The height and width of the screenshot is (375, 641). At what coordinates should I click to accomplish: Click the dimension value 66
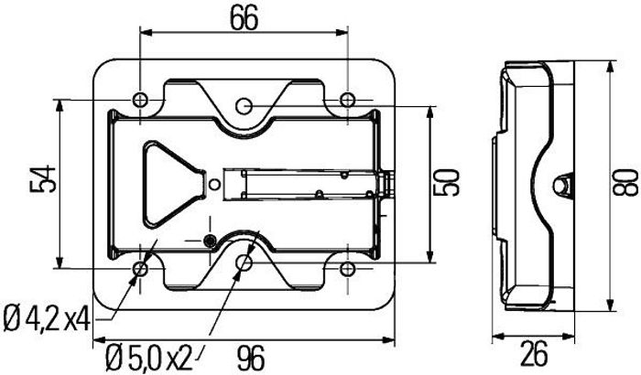(x=244, y=18)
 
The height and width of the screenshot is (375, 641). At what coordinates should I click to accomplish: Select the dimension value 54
(x=42, y=178)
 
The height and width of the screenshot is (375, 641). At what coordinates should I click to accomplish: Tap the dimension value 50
(x=449, y=183)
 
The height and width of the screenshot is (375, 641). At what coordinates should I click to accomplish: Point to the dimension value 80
(x=626, y=184)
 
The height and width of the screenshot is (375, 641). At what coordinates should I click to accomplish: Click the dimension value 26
(x=535, y=354)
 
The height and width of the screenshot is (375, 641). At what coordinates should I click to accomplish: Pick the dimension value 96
(x=251, y=358)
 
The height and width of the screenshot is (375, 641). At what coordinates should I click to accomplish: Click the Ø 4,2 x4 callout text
(x=47, y=320)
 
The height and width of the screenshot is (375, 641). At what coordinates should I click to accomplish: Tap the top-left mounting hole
(x=140, y=100)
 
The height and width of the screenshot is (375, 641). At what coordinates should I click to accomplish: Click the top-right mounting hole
(x=347, y=100)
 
